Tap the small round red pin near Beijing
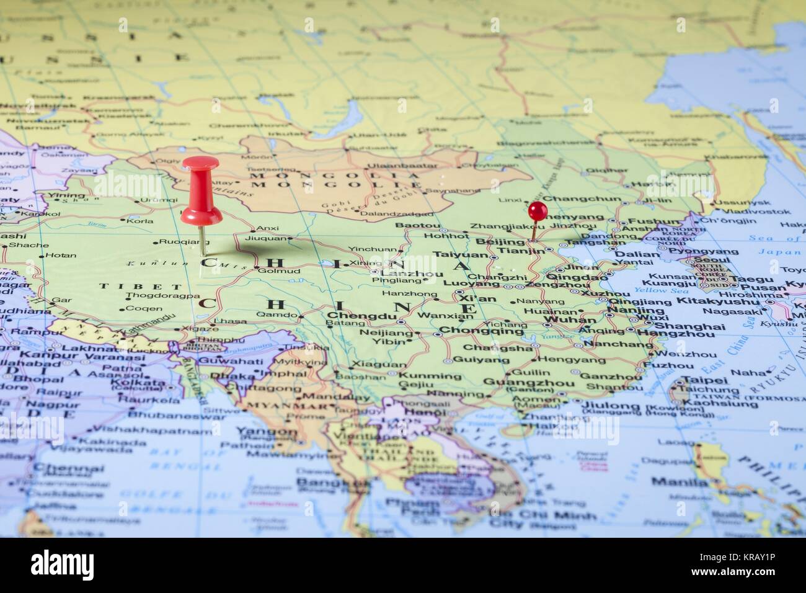point(537,208)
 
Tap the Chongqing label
point(481,331)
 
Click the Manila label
point(671,481)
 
